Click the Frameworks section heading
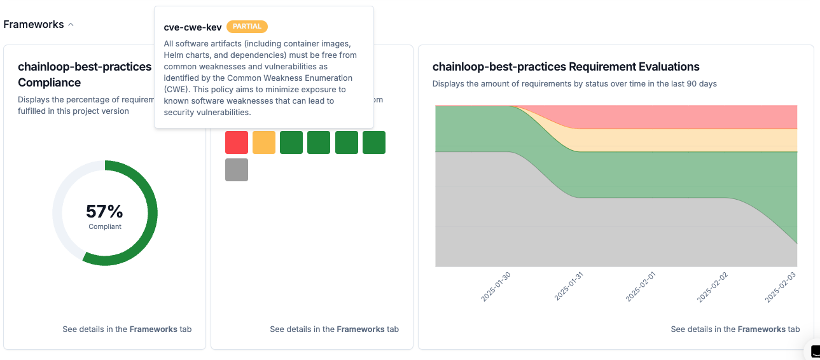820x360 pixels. point(34,25)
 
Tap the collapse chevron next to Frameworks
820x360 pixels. point(71,25)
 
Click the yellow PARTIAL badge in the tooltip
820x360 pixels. point(247,27)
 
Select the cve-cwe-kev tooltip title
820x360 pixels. point(192,27)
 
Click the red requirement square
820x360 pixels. point(237,142)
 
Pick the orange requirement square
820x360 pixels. point(264,142)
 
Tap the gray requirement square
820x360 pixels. point(237,170)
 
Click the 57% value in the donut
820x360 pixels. point(104,212)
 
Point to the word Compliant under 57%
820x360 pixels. point(105,226)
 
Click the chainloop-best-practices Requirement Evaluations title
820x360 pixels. point(566,67)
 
